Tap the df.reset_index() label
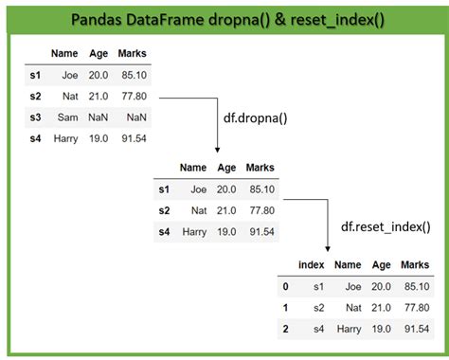click(384, 226)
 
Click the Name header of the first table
click(64, 54)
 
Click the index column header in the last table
click(312, 265)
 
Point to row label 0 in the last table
click(284, 287)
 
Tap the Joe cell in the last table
click(352, 287)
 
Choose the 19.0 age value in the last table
click(381, 331)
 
